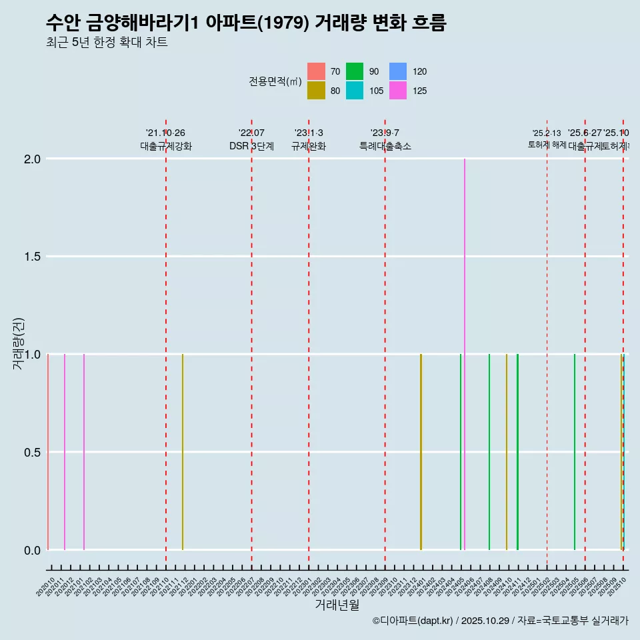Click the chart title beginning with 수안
[246, 23]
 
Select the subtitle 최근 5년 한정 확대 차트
[107, 43]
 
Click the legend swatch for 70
[316, 71]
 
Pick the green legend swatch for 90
[355, 71]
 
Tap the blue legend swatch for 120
[397, 71]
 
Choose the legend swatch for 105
[355, 91]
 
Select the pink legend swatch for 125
[397, 91]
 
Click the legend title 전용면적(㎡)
[275, 81]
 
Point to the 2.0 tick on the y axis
[33, 159]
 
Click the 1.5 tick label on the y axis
[33, 257]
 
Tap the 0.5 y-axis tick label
[33, 452]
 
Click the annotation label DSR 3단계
[251, 146]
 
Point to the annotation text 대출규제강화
[166, 146]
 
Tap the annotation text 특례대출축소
[385, 146]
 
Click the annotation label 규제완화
[309, 146]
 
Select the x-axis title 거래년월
[337, 605]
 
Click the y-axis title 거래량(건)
[19, 344]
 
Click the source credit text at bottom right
[500, 621]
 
